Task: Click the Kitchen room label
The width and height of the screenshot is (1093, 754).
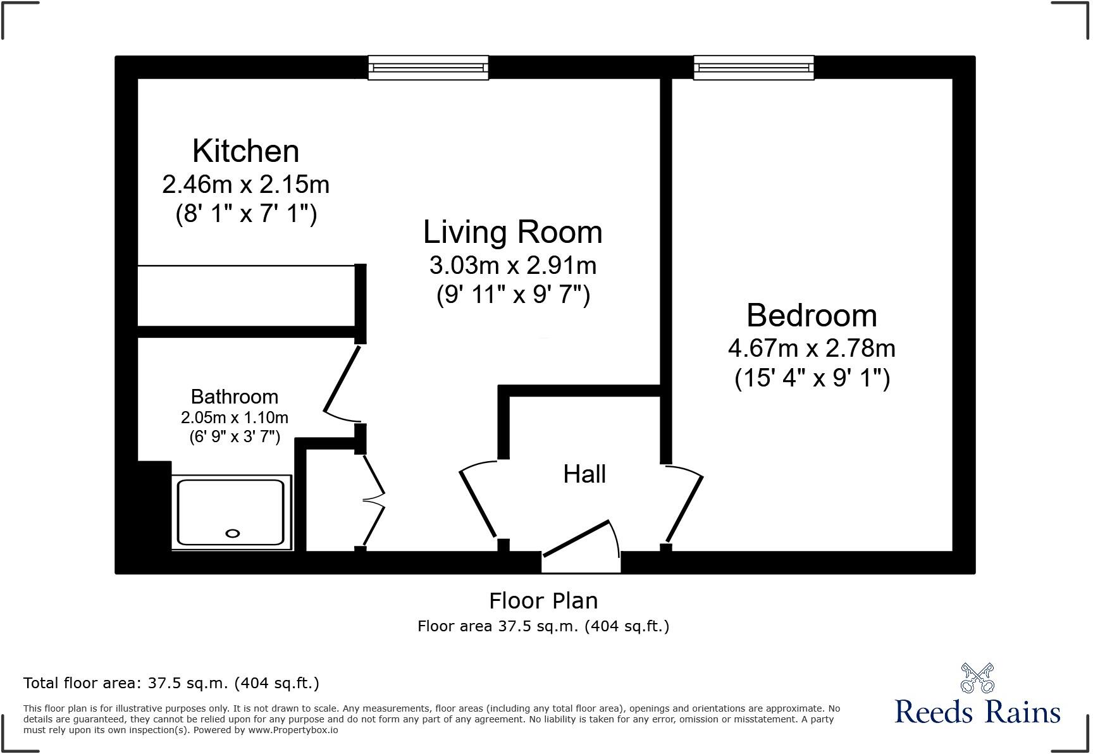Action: pos(245,151)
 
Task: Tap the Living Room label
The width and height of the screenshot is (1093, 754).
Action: pos(512,232)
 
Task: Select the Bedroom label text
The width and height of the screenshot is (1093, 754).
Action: pos(812,316)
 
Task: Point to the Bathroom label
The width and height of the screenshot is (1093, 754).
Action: pos(235,397)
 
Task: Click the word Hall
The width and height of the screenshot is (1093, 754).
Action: pos(584,474)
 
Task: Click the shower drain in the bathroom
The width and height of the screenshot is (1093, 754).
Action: pos(233,533)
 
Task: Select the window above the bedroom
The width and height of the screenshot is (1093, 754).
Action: pos(753,68)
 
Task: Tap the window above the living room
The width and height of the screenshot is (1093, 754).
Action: pos(428,68)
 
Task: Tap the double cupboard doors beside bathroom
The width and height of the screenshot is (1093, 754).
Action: pos(373,500)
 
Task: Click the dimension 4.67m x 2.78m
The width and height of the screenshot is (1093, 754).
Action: pos(812,349)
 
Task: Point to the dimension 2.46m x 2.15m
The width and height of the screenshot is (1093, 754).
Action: pos(245,185)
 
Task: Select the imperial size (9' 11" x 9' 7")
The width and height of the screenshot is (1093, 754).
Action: pos(513,295)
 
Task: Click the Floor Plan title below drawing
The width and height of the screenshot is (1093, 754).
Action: pos(543,600)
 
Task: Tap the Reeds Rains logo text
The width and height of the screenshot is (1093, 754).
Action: pos(977,712)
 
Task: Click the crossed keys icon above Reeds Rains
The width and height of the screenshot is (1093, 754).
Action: pos(977,677)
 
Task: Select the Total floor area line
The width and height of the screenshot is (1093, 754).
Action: pos(171,683)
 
